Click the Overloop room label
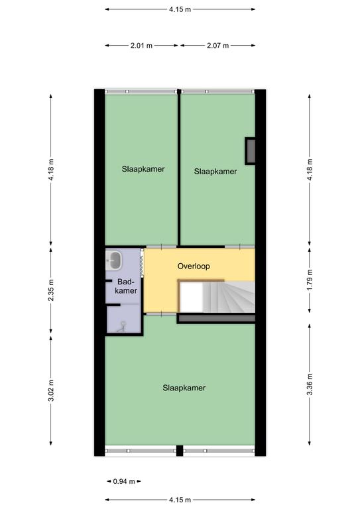(194, 266)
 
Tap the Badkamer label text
(126, 286)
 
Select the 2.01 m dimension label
(141, 46)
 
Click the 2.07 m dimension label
(218, 46)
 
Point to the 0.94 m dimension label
(124, 481)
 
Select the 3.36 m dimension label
(310, 384)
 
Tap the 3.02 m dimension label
(51, 390)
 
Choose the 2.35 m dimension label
(51, 290)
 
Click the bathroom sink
(114, 260)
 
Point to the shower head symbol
(123, 326)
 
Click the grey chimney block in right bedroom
(250, 151)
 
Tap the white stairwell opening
(192, 297)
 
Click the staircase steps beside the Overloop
(229, 297)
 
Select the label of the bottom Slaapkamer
(184, 388)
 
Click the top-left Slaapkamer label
(143, 169)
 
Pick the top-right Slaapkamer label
(215, 172)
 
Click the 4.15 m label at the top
(180, 9)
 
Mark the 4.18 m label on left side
(51, 170)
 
